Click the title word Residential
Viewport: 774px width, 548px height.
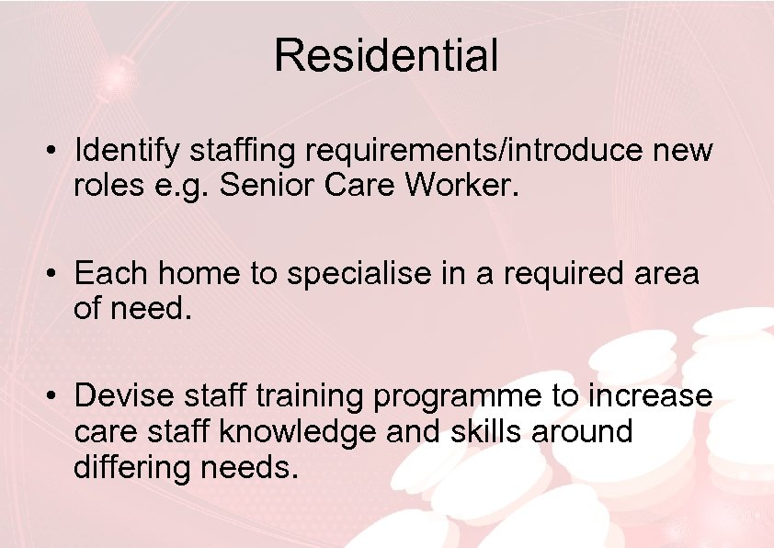pos(386,55)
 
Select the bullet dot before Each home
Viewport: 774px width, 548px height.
pos(56,274)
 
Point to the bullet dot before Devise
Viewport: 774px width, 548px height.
pos(56,397)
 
